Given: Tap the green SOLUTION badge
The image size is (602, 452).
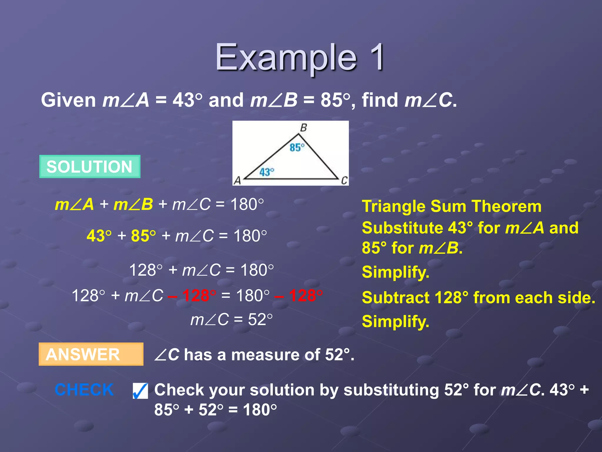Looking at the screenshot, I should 90,167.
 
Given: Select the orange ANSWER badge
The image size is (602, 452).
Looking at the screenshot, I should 91,354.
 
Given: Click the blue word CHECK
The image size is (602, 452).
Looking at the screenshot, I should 84,390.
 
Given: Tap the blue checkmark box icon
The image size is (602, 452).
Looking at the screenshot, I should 140,391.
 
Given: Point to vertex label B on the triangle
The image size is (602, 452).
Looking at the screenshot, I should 303,128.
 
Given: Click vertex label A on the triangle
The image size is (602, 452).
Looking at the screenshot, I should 237,180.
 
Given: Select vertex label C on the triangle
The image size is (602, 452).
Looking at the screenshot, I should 344,180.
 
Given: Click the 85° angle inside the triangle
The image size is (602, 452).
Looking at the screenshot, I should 297,147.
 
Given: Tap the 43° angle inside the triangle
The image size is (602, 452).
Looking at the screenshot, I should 267,172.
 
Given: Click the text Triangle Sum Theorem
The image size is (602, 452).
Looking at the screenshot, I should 451,206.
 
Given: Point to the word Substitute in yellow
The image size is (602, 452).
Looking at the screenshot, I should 402,228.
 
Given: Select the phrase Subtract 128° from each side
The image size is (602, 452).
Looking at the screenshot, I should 478,298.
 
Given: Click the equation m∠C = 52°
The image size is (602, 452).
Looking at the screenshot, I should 231,320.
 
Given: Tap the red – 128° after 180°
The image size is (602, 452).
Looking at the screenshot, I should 299,295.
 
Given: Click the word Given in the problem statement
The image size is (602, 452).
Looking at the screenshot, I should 68,100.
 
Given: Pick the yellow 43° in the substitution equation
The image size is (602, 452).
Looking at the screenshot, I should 99,236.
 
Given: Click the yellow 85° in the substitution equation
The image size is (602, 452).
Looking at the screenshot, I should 143,236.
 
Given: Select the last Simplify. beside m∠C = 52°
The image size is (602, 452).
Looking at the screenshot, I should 395,321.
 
